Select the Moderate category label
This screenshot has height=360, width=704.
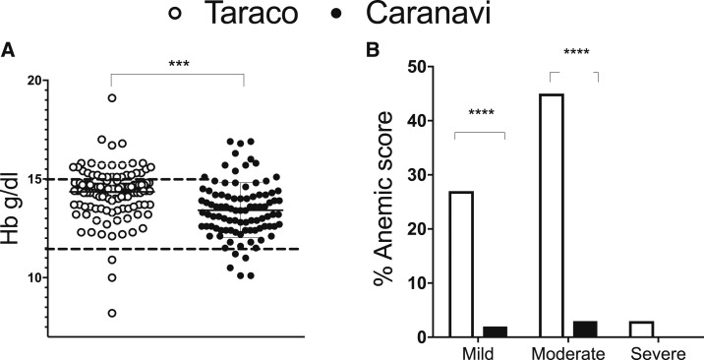[564, 351]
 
